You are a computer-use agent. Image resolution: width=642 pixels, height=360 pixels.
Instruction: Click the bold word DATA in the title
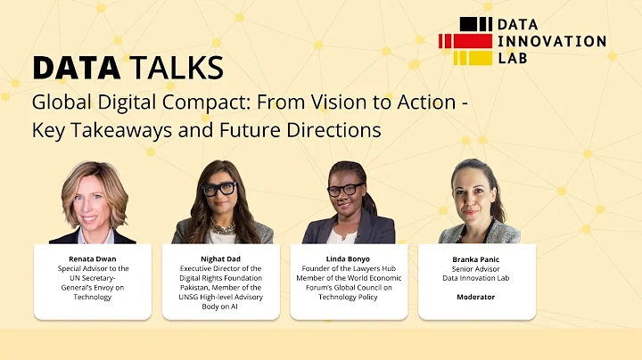pos(74,67)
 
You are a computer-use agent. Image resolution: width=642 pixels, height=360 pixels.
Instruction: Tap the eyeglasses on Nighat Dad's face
pos(218,189)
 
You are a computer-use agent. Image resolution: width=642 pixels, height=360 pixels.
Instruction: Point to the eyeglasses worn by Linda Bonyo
pos(346,190)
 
